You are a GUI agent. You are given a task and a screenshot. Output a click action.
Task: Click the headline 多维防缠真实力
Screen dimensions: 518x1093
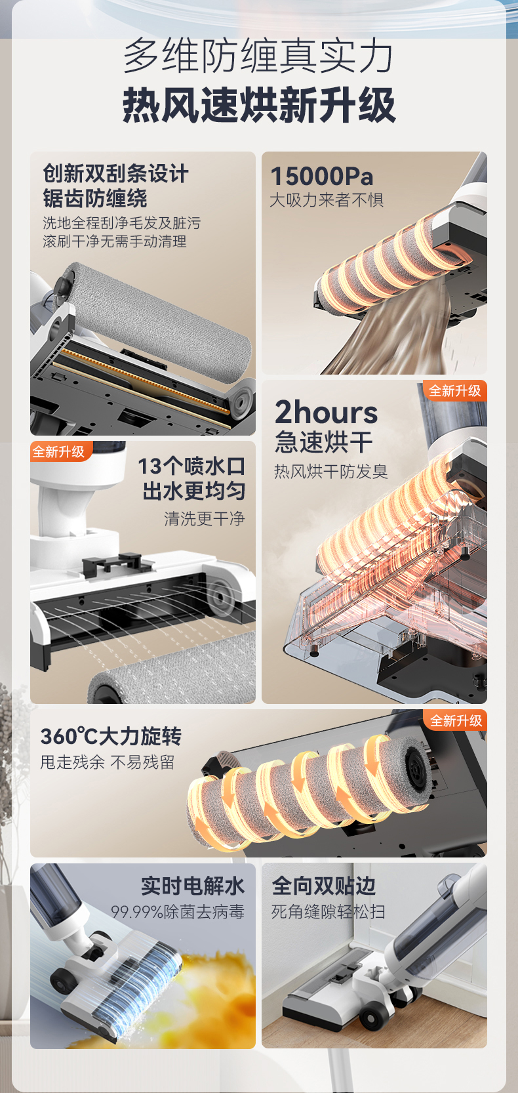258,56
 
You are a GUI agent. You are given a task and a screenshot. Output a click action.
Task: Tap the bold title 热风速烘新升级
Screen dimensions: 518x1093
258,105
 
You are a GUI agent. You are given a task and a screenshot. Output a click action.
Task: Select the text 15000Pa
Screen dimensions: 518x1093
321,176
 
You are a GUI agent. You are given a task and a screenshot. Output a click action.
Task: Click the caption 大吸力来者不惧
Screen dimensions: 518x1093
327,199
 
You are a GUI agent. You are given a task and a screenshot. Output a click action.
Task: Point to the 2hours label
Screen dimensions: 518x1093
327,412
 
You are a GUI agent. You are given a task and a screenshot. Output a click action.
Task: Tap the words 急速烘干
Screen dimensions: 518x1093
324,442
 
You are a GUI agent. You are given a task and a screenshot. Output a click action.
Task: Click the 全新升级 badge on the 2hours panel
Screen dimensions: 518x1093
454,390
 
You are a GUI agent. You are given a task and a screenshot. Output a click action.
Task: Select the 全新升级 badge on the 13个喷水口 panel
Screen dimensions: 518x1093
59,451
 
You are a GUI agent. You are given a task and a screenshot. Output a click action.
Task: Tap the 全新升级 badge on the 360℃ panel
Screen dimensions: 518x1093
456,720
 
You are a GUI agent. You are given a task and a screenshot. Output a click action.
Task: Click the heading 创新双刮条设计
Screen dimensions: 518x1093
115,174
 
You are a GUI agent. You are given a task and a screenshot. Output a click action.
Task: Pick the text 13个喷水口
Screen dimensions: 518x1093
191,466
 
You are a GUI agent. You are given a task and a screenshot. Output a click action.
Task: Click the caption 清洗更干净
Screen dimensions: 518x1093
205,518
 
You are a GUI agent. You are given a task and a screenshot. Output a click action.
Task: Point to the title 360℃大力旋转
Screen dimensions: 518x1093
111,736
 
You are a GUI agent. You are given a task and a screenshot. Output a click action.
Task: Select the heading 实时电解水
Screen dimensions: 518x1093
193,886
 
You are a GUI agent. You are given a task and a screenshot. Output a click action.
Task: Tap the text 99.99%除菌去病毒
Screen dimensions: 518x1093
178,911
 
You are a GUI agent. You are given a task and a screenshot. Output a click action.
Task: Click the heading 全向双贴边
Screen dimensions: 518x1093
323,886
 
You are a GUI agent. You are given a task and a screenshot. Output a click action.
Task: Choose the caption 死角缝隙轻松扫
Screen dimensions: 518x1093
329,911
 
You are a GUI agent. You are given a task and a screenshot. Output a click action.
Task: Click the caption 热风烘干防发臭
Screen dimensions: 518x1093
330,471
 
